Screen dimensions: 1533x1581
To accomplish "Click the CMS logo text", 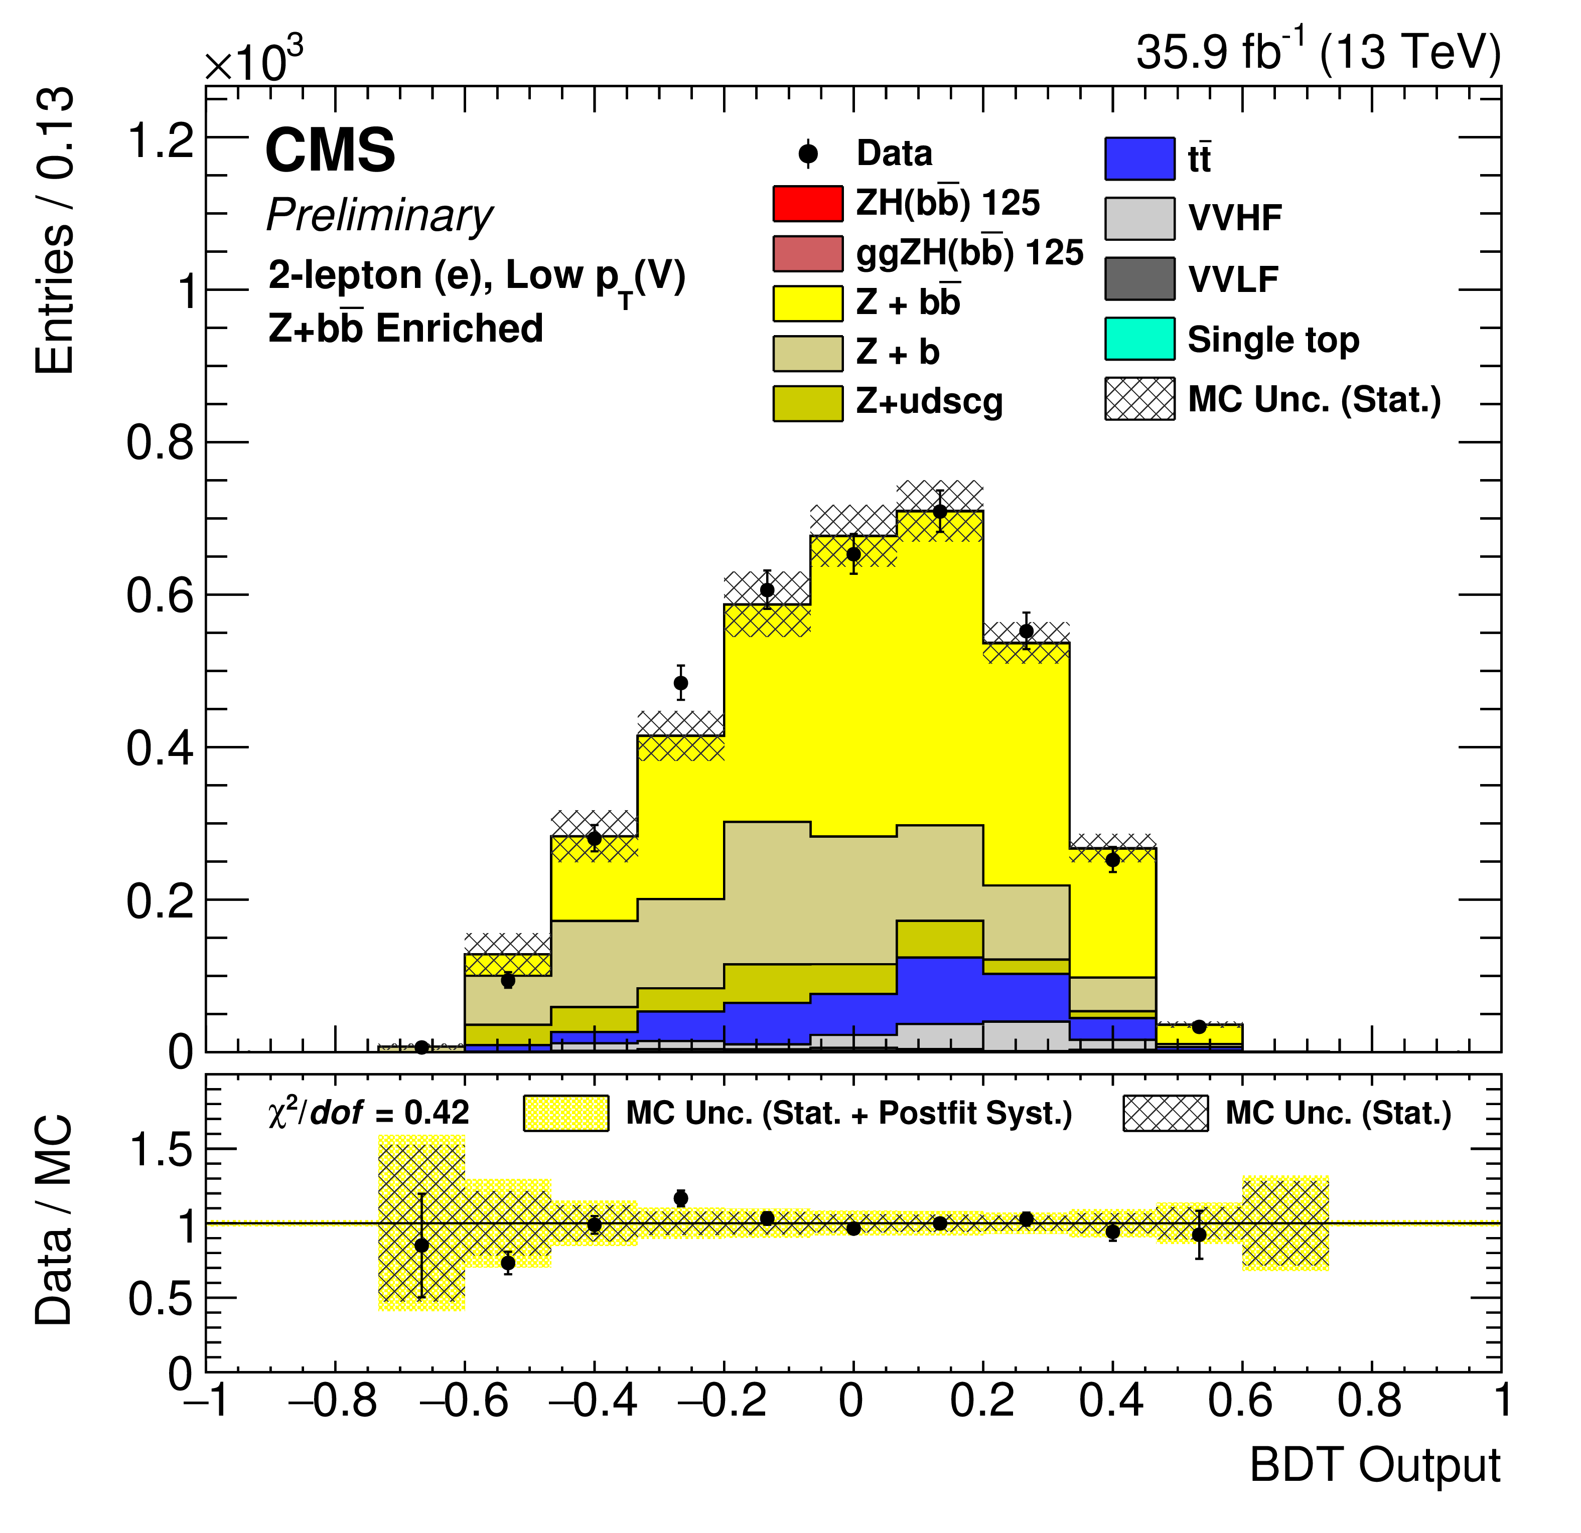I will pos(330,151).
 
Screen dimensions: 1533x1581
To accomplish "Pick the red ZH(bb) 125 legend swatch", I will pos(807,203).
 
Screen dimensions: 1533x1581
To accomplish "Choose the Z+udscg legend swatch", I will pos(807,402).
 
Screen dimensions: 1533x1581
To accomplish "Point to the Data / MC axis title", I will pos(54,1219).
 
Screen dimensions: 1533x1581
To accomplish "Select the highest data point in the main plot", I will pos(940,511).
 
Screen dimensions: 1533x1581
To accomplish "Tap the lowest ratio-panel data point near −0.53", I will pos(507,1263).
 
